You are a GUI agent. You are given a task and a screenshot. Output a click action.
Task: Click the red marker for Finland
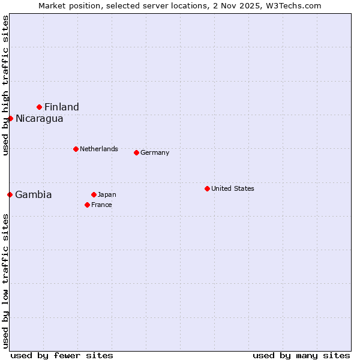pyautogui.click(x=40, y=107)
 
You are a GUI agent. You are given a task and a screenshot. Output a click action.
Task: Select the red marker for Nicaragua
pyautogui.click(x=10, y=118)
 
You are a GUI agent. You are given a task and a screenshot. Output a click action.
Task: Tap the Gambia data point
pyautogui.click(x=10, y=194)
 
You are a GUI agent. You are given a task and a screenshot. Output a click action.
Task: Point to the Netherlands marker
pyautogui.click(x=76, y=149)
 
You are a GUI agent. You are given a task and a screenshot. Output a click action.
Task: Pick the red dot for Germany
pyautogui.click(x=136, y=152)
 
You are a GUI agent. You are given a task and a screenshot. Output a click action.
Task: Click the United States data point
pyautogui.click(x=207, y=188)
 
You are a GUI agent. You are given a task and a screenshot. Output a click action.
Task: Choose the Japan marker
pyautogui.click(x=94, y=194)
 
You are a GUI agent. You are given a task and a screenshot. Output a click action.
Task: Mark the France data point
pyautogui.click(x=87, y=205)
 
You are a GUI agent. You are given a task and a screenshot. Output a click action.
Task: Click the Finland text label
pyautogui.click(x=62, y=107)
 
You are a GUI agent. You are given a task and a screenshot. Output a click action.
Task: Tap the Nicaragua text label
pyautogui.click(x=40, y=118)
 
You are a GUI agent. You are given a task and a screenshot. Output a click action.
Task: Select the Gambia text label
pyautogui.click(x=34, y=194)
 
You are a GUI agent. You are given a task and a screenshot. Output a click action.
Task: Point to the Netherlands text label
pyautogui.click(x=99, y=149)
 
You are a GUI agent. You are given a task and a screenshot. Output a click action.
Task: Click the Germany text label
pyautogui.click(x=155, y=152)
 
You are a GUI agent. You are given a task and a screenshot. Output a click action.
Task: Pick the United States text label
pyautogui.click(x=233, y=188)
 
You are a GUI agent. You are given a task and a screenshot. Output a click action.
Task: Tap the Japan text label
pyautogui.click(x=107, y=194)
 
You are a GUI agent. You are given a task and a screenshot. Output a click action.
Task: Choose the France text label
pyautogui.click(x=101, y=205)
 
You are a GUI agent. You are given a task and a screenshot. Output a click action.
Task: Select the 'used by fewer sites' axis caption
pyautogui.click(x=62, y=355)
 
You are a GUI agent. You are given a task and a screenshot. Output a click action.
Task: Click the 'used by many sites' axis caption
pyautogui.click(x=301, y=355)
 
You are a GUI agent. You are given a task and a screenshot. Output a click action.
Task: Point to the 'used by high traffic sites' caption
pyautogui.click(x=5, y=85)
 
